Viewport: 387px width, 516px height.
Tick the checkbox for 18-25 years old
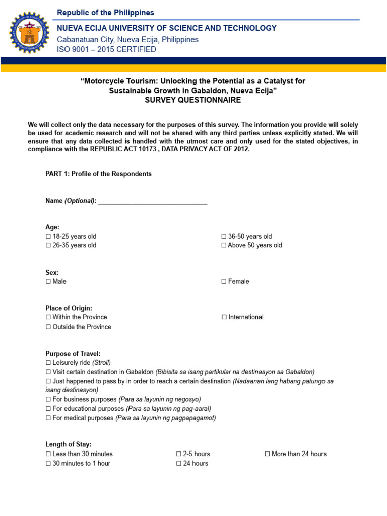(48, 236)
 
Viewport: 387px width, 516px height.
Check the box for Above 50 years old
(224, 245)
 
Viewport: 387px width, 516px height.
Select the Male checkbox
(48, 281)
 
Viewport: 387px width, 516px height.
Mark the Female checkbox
(224, 281)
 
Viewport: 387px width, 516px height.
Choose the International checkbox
(224, 317)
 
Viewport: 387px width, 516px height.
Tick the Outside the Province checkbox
(48, 327)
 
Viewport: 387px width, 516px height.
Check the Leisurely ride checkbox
(48, 363)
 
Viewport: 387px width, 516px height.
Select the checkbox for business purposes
(48, 399)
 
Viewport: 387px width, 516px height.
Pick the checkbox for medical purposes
(48, 418)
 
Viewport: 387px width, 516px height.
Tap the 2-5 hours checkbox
(179, 454)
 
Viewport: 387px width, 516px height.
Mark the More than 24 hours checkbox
(268, 454)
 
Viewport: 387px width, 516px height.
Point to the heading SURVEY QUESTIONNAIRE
(193, 100)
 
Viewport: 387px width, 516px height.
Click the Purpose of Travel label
(73, 354)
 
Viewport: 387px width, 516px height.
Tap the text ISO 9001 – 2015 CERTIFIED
(106, 50)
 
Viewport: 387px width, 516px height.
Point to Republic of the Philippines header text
(106, 13)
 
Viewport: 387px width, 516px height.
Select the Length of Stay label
(69, 444)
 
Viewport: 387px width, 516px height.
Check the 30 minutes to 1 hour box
(48, 463)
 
